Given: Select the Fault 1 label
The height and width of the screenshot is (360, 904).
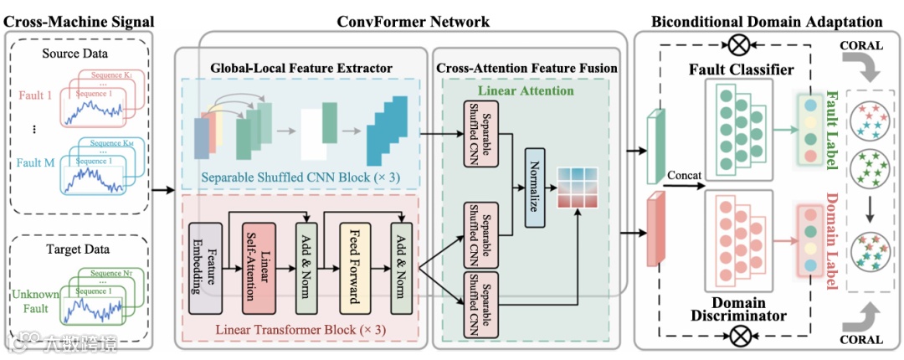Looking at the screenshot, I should pyautogui.click(x=38, y=95).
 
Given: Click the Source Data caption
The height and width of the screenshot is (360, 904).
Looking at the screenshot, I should pyautogui.click(x=78, y=55).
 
